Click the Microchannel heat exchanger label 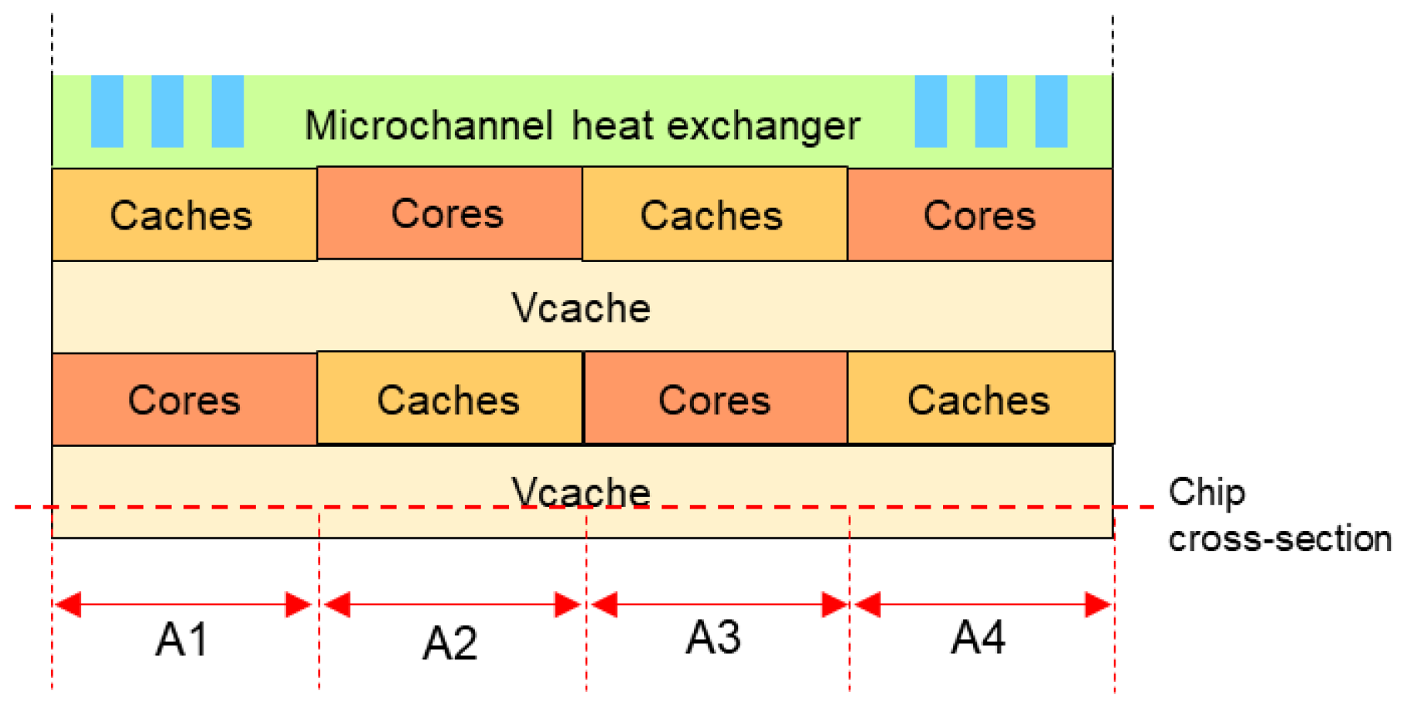point(582,125)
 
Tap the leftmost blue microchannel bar point(107,111)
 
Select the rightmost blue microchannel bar point(1050,111)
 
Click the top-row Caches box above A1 point(184,215)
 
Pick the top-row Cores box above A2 point(449,213)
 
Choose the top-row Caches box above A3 point(714,215)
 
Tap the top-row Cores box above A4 point(979,215)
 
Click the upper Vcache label point(581,308)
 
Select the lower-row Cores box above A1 point(184,400)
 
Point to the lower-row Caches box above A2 point(449,399)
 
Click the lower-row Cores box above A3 point(715,399)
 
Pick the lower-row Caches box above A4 point(980,399)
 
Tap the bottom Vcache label point(581,492)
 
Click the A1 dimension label point(182,639)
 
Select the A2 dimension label point(449,642)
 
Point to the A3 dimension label point(713,638)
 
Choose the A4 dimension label point(978,638)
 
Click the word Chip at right point(1207,492)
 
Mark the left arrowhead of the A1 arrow point(68,605)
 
